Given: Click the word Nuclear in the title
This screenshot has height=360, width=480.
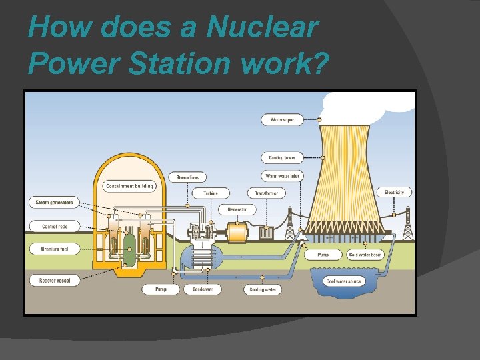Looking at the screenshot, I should pyautogui.click(x=263, y=27).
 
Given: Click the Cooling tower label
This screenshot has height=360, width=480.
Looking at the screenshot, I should pyautogui.click(x=282, y=158).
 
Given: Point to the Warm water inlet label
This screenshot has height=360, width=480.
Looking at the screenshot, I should pyautogui.click(x=282, y=176).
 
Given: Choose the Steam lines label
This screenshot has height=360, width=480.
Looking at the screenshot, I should pyautogui.click(x=187, y=177).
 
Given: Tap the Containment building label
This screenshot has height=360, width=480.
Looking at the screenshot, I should pyautogui.click(x=128, y=186).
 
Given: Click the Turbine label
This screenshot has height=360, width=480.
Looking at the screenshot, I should pyautogui.click(x=211, y=193).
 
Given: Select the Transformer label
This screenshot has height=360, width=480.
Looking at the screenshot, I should pyautogui.click(x=267, y=193).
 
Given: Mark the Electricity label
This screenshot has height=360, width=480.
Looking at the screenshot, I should pyautogui.click(x=394, y=192).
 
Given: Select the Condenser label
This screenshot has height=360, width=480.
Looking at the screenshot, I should pyautogui.click(x=203, y=289).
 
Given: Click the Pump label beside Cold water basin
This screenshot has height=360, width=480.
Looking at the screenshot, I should pyautogui.click(x=323, y=255).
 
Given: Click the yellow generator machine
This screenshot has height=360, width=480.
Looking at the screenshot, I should pyautogui.click(x=237, y=232).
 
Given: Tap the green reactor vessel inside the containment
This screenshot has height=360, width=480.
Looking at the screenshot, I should pyautogui.click(x=129, y=247).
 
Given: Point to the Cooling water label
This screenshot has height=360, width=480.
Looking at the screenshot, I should pyautogui.click(x=263, y=289).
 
